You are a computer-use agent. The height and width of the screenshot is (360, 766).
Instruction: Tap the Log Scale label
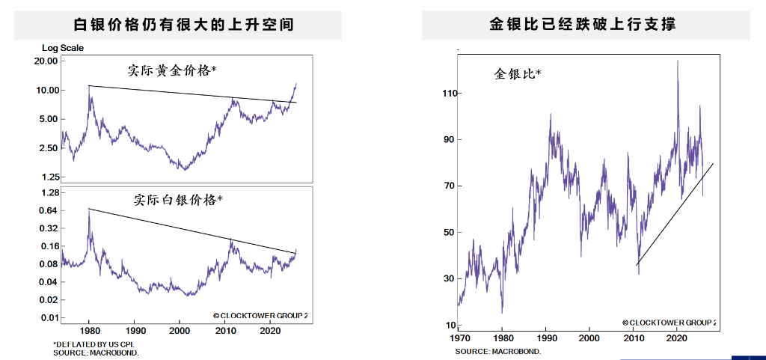(63, 48)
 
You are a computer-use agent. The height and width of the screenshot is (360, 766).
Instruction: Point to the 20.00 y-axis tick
(46, 61)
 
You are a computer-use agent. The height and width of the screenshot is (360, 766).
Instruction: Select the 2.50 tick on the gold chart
(48, 148)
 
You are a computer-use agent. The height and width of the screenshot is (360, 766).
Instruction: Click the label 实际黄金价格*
(172, 71)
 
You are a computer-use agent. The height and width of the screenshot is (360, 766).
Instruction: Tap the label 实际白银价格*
(179, 200)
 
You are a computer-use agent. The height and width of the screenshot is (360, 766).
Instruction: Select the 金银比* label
(517, 74)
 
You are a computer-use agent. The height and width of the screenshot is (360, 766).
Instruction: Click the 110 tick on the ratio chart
(449, 94)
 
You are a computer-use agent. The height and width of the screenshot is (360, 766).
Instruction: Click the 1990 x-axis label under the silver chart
(135, 330)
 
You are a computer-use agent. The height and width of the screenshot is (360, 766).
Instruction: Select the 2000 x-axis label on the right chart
(589, 338)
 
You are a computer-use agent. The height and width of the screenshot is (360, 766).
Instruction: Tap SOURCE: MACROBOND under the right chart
(497, 351)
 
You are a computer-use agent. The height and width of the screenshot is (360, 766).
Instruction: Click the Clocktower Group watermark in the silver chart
(260, 316)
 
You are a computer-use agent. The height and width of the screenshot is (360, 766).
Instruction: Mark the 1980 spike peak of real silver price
(89, 210)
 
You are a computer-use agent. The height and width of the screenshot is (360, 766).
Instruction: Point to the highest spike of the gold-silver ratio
(678, 61)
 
